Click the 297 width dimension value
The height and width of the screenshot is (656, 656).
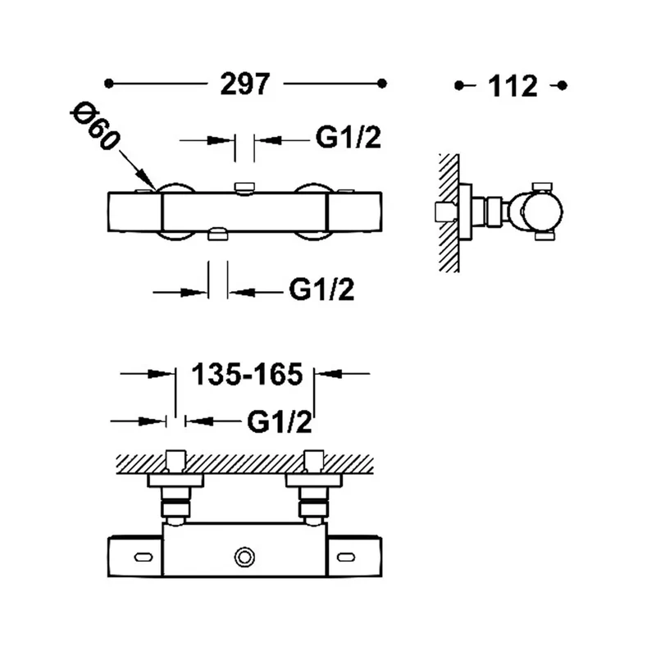(x=245, y=84)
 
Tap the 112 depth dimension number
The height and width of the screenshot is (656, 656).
(x=512, y=86)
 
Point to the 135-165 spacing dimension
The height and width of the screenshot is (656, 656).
(x=247, y=374)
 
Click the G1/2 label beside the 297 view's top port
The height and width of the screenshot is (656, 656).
(x=348, y=137)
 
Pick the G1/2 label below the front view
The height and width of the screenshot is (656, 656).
(x=321, y=289)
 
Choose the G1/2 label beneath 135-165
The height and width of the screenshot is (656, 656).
(x=280, y=421)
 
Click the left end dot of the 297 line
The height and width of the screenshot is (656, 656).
(x=109, y=84)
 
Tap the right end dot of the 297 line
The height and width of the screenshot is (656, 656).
(x=381, y=84)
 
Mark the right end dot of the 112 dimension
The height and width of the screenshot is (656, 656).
(x=563, y=86)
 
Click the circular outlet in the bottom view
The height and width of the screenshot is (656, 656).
(x=244, y=558)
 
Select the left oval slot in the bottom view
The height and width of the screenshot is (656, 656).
(x=143, y=558)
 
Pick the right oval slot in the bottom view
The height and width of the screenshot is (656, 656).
(x=346, y=558)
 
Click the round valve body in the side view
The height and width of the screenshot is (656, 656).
(x=542, y=212)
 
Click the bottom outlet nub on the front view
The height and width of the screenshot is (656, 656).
(x=218, y=235)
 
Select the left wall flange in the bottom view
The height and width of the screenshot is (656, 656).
(x=175, y=481)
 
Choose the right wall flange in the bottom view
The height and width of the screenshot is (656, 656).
(x=314, y=481)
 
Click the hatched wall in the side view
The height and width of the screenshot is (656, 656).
(x=449, y=212)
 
